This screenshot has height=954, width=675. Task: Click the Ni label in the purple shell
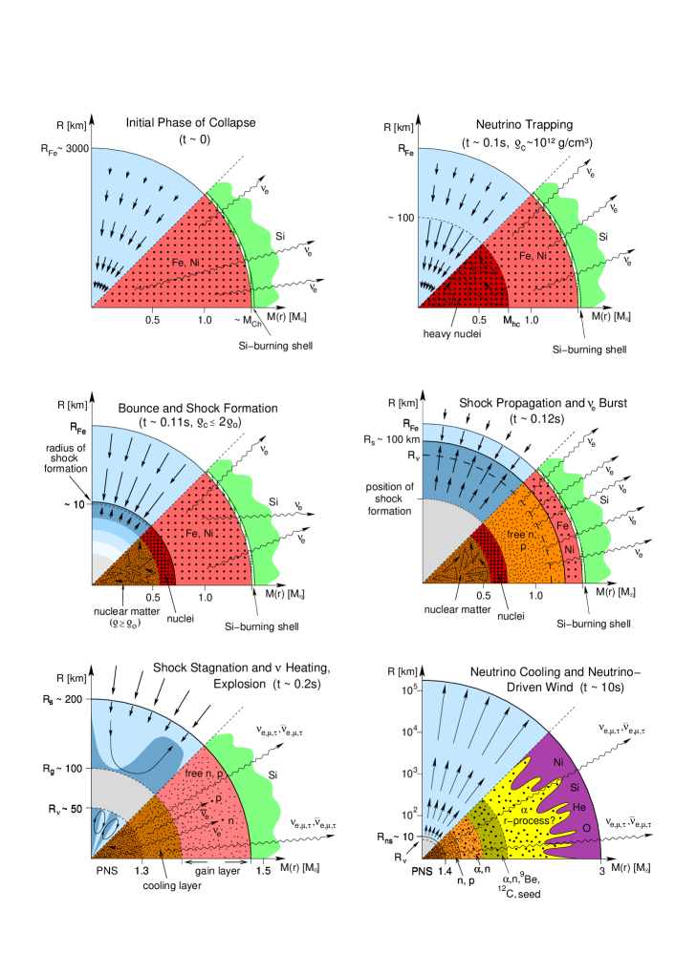(558, 762)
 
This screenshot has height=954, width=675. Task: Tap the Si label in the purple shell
(575, 787)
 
